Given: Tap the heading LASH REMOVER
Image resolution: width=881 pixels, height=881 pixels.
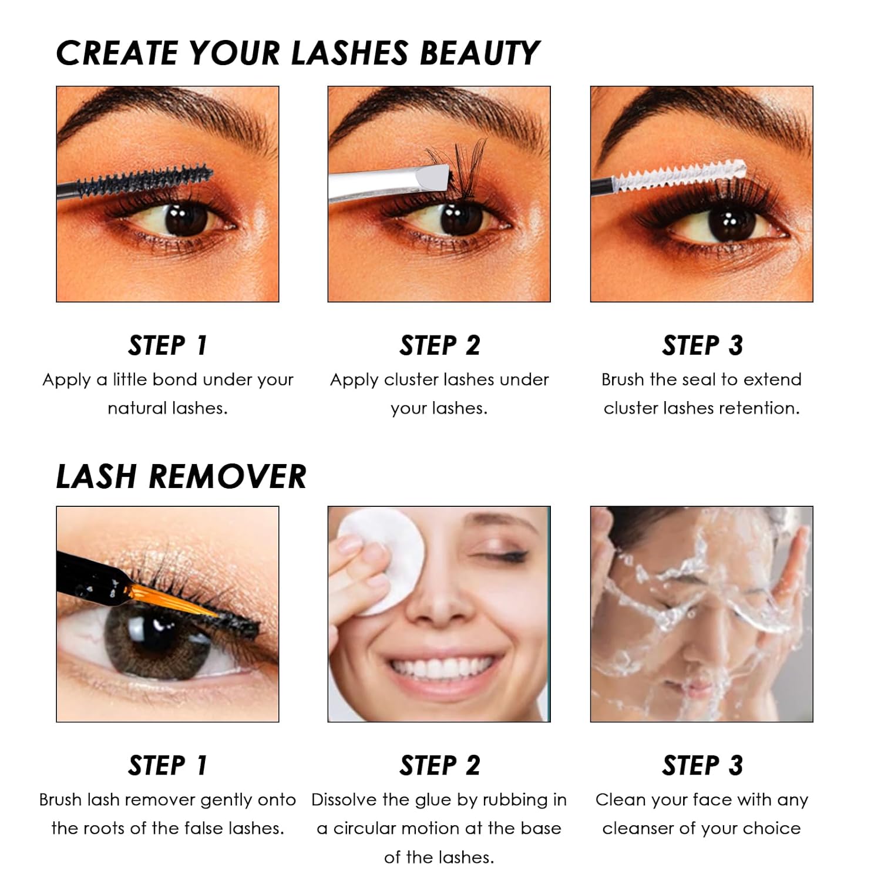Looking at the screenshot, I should [x=181, y=476].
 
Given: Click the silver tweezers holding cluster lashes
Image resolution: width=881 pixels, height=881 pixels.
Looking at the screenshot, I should [x=388, y=183].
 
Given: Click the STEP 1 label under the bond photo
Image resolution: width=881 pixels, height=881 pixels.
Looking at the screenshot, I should [x=167, y=345].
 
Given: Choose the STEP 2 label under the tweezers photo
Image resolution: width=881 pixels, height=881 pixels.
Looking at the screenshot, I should [x=439, y=345].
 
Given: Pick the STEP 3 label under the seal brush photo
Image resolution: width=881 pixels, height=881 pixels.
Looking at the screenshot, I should [x=702, y=345].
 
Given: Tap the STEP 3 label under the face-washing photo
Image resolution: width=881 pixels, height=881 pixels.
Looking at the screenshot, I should [x=702, y=766].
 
